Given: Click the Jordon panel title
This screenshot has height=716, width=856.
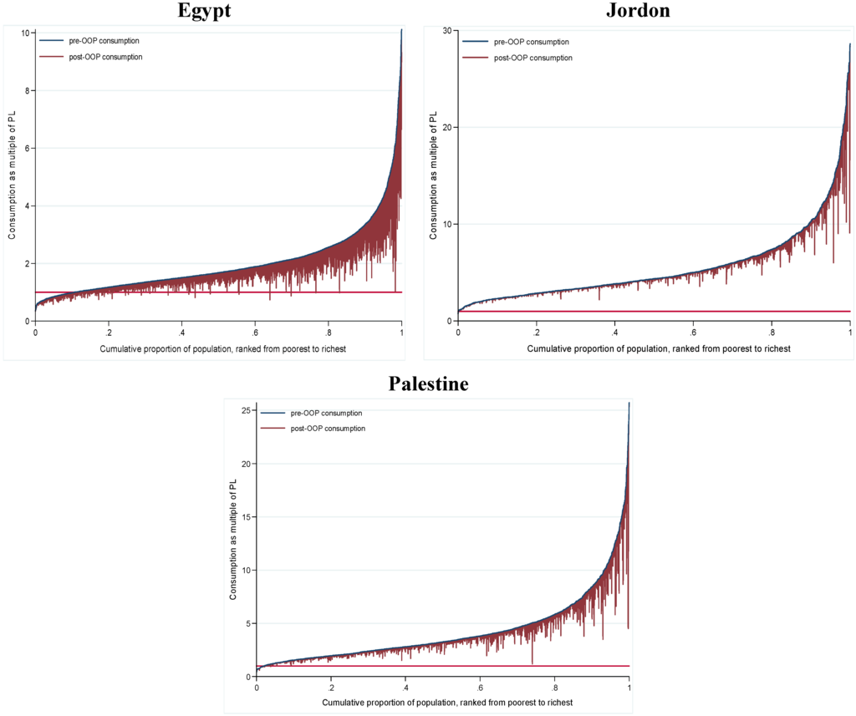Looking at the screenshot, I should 639,11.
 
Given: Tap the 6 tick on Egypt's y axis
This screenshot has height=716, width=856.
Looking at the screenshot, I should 26,148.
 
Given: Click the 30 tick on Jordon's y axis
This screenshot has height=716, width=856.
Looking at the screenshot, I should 447,30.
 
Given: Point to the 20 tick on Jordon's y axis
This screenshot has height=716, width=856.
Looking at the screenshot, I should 447,127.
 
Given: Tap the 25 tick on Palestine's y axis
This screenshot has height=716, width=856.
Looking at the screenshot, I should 247,410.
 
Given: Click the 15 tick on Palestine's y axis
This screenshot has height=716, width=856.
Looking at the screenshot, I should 247,516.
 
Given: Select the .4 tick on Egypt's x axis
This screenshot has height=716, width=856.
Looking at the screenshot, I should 181,332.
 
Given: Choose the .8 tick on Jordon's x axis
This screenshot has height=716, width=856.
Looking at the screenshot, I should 771,332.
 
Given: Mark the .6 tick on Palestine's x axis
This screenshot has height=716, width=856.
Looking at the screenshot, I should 480,688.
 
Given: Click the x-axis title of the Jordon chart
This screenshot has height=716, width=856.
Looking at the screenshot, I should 658,348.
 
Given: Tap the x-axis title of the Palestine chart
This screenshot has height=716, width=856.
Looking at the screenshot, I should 446,703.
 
